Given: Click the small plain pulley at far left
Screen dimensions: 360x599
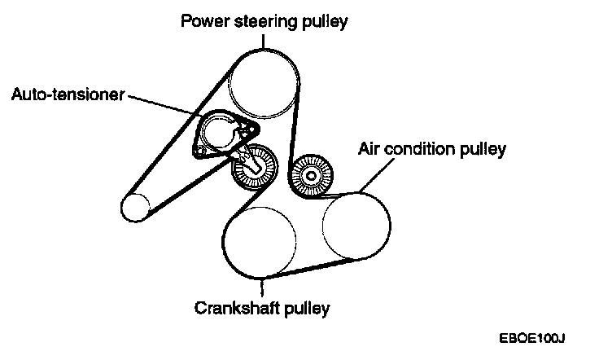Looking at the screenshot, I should click(x=131, y=208).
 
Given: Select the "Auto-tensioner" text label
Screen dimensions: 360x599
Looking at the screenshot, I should click(x=68, y=94).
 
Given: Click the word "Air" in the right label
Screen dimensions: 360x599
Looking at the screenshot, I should click(x=370, y=149).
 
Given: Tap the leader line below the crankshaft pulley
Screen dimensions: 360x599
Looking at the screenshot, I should click(x=262, y=288).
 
